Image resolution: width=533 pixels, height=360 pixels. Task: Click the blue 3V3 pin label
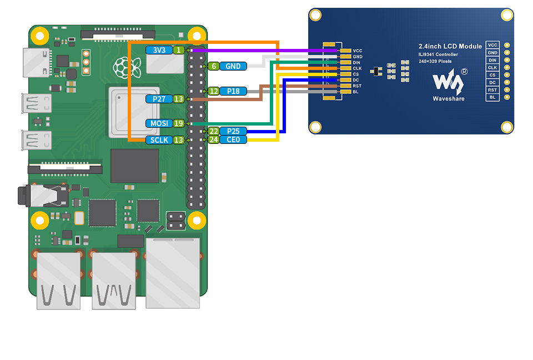[159, 50]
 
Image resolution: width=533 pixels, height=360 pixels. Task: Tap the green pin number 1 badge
[179, 50]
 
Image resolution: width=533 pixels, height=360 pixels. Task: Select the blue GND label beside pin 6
[233, 66]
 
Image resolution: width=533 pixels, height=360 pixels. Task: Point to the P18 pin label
[233, 91]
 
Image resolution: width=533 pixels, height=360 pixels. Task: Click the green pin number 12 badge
[213, 91]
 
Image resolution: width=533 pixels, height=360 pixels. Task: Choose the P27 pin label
[159, 99]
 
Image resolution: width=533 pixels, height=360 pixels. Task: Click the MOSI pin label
[159, 123]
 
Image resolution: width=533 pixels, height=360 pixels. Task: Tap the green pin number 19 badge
[179, 123]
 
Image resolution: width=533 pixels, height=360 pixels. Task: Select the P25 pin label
[233, 131]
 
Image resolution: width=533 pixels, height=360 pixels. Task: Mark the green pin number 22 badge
[213, 131]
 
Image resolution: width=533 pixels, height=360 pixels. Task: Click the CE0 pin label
[233, 139]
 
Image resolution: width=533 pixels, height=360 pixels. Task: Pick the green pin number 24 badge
[213, 139]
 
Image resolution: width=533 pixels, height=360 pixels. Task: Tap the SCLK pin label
[159, 140]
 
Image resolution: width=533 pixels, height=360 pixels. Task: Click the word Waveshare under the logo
[449, 99]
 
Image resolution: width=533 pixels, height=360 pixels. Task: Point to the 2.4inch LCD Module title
[450, 46]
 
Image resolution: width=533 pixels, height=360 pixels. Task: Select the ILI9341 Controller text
[438, 54]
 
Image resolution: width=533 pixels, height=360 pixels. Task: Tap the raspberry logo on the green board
[127, 67]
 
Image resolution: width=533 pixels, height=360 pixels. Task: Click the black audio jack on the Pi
[43, 196]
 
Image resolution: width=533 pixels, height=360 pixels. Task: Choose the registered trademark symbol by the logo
[464, 72]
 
